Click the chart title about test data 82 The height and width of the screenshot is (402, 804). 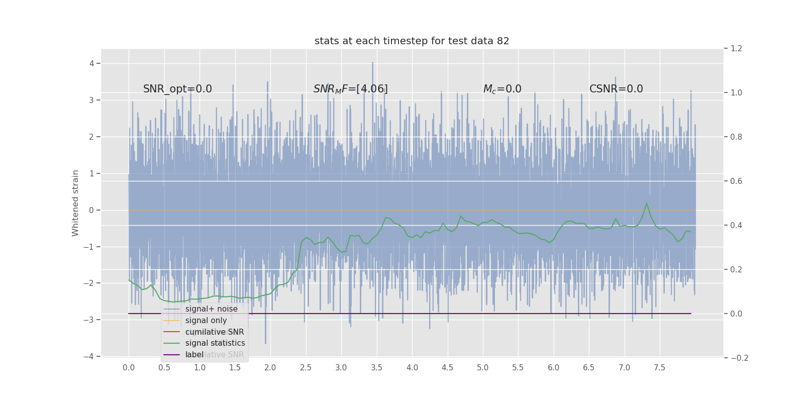point(412,41)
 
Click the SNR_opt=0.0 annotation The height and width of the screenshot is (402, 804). point(177,89)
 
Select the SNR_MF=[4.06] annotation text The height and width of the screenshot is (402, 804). point(350,89)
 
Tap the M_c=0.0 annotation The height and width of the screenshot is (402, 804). point(502,89)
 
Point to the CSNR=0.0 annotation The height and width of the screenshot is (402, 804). point(616,89)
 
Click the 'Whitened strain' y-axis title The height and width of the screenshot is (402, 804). point(75,203)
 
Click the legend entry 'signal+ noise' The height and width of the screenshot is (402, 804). point(211,309)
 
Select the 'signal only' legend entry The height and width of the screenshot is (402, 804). point(206,321)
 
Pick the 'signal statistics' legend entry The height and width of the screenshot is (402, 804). point(215,343)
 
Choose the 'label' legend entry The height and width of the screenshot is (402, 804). point(194,355)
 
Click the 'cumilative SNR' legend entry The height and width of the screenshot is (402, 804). point(215,332)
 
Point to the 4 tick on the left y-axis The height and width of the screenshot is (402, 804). point(91,63)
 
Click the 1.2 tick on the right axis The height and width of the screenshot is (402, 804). point(736,49)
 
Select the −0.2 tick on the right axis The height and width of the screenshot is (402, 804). point(739,358)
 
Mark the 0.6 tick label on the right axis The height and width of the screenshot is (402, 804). point(736,181)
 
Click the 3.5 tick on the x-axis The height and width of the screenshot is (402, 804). point(376,368)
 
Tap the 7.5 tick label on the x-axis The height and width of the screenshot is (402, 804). point(659,368)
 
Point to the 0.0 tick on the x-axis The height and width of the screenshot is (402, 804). point(129,368)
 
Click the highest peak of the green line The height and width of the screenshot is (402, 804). point(647,203)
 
